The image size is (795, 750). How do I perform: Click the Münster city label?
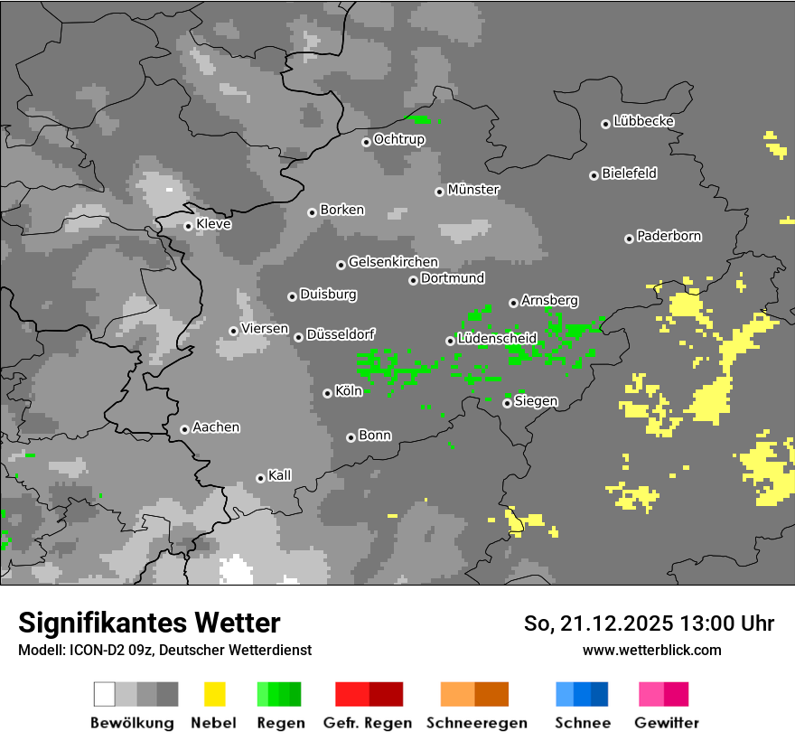[x=473, y=190]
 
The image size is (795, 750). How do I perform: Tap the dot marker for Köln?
[x=327, y=393]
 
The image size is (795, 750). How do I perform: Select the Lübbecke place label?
[x=643, y=121]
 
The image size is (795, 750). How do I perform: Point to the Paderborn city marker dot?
[x=629, y=239]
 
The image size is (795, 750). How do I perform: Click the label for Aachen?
[x=216, y=427]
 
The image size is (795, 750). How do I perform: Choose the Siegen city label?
[x=536, y=401]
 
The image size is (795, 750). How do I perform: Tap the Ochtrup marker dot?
[x=366, y=141]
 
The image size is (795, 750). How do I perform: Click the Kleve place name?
[x=213, y=224]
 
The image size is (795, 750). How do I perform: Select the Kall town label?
[x=280, y=475]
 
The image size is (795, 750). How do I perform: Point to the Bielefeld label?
[x=629, y=173]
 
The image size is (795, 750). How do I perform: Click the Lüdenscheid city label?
[x=497, y=339]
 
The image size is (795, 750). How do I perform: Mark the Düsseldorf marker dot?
[x=298, y=337]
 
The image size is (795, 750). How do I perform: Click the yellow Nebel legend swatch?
[x=214, y=694]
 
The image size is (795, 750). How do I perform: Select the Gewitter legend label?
[x=666, y=723]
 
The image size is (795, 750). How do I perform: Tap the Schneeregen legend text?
[x=477, y=723]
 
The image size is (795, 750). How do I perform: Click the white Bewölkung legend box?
[x=105, y=694]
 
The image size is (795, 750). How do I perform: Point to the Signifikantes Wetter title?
[x=149, y=623]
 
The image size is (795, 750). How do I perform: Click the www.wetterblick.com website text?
[x=651, y=650]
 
